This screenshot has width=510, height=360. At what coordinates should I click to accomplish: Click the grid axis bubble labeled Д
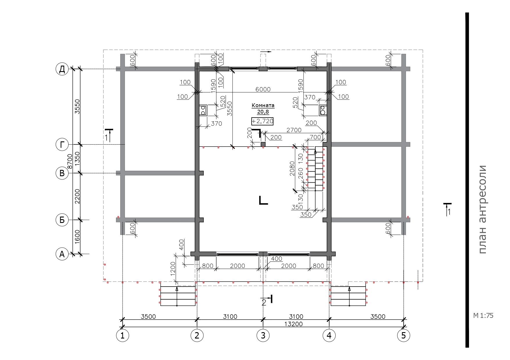(62, 69)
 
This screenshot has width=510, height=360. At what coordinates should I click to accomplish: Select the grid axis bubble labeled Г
(62, 145)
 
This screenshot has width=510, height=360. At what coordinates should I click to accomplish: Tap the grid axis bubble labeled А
(62, 254)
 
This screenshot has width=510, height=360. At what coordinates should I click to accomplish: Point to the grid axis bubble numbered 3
(263, 336)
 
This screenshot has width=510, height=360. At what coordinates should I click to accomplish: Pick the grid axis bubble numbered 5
(404, 336)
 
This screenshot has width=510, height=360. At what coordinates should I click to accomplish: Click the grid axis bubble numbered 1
(122, 336)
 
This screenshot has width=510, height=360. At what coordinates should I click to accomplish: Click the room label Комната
(263, 106)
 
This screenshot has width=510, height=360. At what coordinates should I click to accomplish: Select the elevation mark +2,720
(262, 121)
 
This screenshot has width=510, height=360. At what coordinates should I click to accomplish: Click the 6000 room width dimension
(263, 89)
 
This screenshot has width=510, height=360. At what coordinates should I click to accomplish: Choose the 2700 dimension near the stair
(294, 130)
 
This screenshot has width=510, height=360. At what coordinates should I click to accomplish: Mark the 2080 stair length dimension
(292, 169)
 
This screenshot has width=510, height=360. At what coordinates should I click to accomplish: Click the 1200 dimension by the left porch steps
(173, 269)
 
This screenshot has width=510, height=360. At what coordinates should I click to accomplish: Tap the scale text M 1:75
(483, 316)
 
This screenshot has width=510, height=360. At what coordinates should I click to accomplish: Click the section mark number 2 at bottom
(264, 303)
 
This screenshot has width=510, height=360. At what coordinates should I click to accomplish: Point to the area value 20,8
(263, 111)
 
